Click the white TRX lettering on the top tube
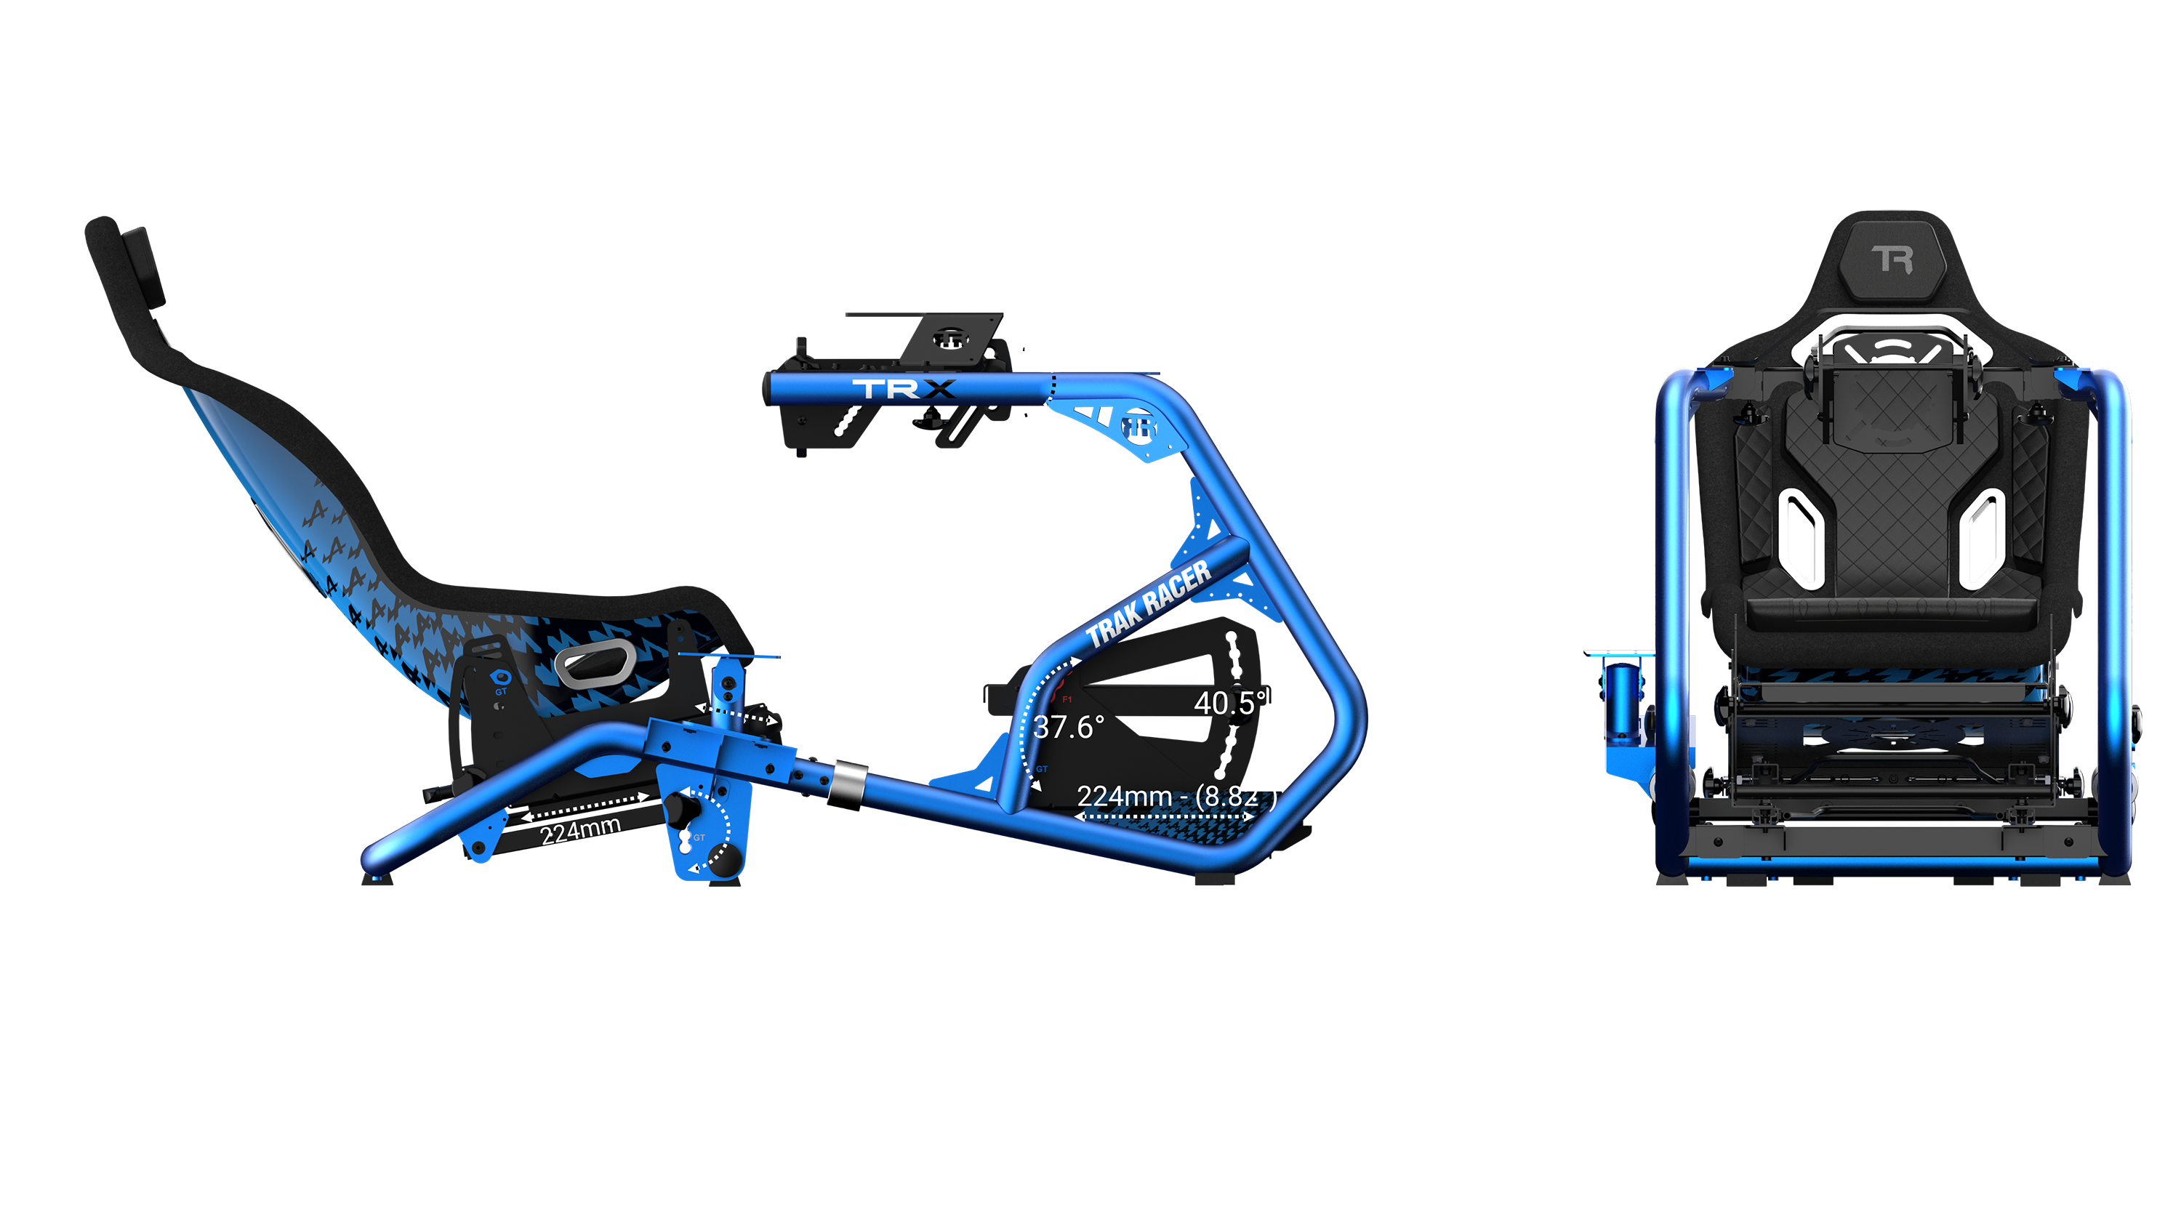[x=904, y=389]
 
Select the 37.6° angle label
[x=1069, y=727]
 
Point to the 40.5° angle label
[x=1229, y=703]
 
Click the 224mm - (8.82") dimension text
[x=1175, y=796]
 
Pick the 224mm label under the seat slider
[x=581, y=831]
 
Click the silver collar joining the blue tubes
[x=848, y=781]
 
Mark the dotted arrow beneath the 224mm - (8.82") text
[x=1164, y=816]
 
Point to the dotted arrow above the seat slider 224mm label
[x=585, y=806]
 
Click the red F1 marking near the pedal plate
[x=1067, y=699]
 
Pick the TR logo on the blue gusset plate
[x=1138, y=427]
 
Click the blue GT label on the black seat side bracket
[x=500, y=692]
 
